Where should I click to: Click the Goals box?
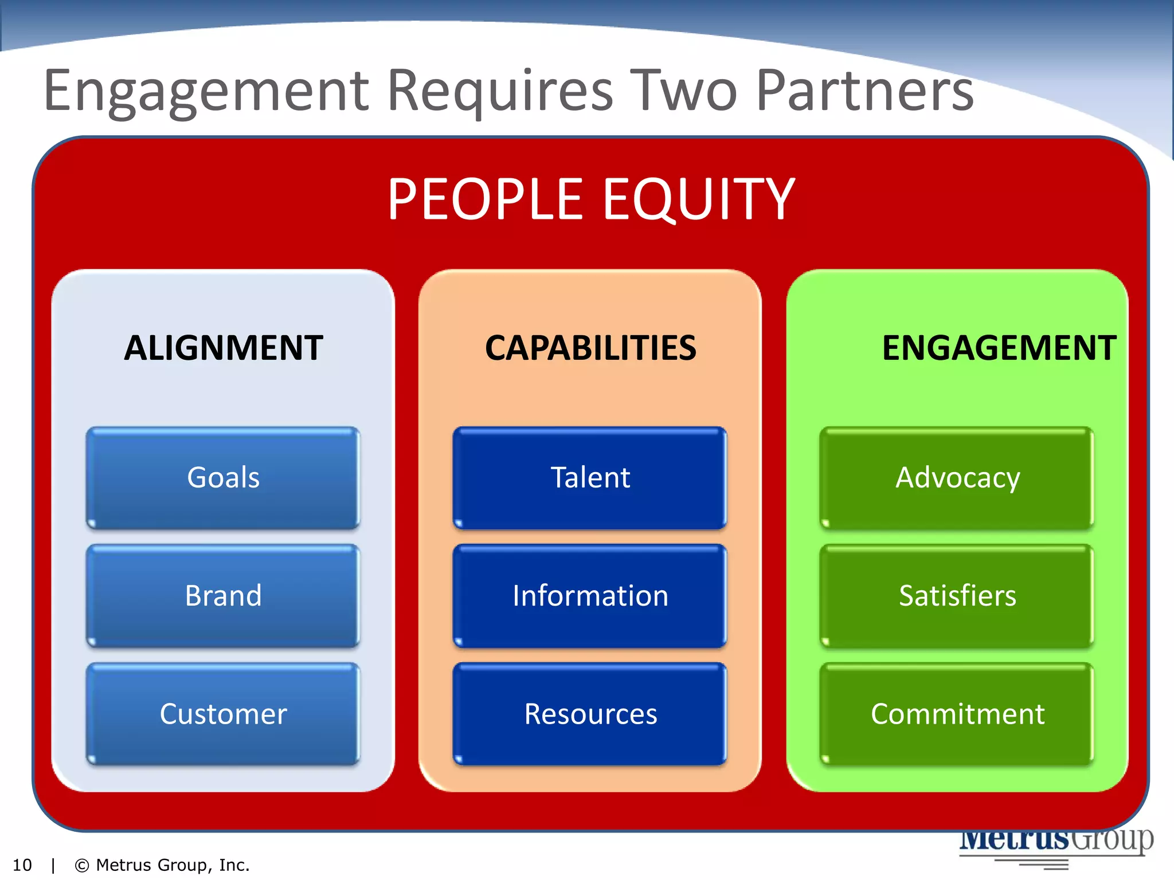pyautogui.click(x=223, y=477)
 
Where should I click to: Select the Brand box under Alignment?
pyautogui.click(x=223, y=595)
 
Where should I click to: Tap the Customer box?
pyautogui.click(x=223, y=714)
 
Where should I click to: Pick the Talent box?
pyautogui.click(x=590, y=477)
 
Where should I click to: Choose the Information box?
pyautogui.click(x=590, y=595)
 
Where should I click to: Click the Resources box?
pyautogui.click(x=590, y=714)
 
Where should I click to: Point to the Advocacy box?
pyautogui.click(x=957, y=477)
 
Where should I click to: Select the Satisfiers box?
pyautogui.click(x=957, y=595)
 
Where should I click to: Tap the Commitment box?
pyautogui.click(x=957, y=714)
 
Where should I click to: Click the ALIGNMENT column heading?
pyautogui.click(x=223, y=348)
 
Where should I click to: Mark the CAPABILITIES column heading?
pyautogui.click(x=590, y=348)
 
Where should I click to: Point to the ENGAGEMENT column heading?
pyautogui.click(x=999, y=348)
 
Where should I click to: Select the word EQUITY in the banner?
pyautogui.click(x=699, y=199)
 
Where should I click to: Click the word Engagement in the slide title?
pyautogui.click(x=206, y=92)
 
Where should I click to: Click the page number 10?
pyautogui.click(x=22, y=865)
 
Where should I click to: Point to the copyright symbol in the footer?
pyautogui.click(x=82, y=865)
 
